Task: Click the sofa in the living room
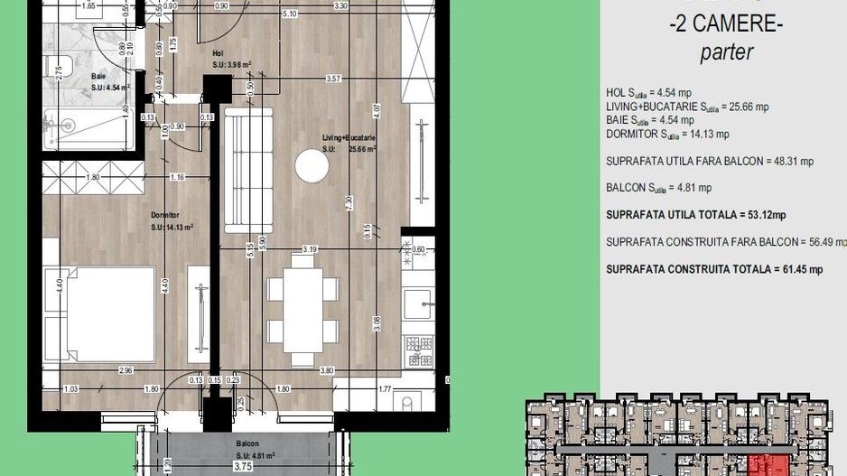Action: coord(247,169)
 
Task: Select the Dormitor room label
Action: coord(164,215)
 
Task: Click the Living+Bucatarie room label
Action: coord(348,137)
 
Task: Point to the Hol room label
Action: coord(218,53)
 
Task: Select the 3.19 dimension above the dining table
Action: coord(309,248)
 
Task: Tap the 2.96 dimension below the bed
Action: coord(126,369)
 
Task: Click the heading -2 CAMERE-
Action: coord(725,25)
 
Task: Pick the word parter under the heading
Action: coord(726,53)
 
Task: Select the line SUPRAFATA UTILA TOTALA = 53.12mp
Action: coord(695,215)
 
